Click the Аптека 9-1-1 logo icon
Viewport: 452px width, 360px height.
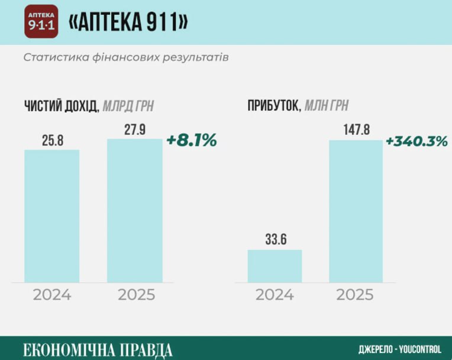coord(41,22)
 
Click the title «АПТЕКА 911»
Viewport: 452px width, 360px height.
coord(128,22)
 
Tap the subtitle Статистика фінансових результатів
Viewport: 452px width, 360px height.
coord(125,58)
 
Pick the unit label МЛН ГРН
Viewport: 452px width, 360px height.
coord(326,106)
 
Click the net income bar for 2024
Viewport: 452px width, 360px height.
coord(51,216)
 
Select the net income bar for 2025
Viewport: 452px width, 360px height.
coord(134,210)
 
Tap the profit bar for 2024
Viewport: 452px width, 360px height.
coord(275,266)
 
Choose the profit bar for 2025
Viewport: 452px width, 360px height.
coord(356,211)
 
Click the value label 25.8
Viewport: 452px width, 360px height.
coord(52,141)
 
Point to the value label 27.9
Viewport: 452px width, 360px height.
coord(134,130)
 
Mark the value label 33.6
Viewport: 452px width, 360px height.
coord(275,241)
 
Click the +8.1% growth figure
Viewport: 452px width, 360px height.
coord(192,141)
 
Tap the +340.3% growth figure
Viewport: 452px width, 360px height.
coord(417,141)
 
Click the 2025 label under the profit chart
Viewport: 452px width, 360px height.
coord(356,295)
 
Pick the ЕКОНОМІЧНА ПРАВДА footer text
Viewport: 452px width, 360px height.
coord(98,348)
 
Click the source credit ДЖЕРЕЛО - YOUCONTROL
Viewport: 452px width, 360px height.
coord(400,349)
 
